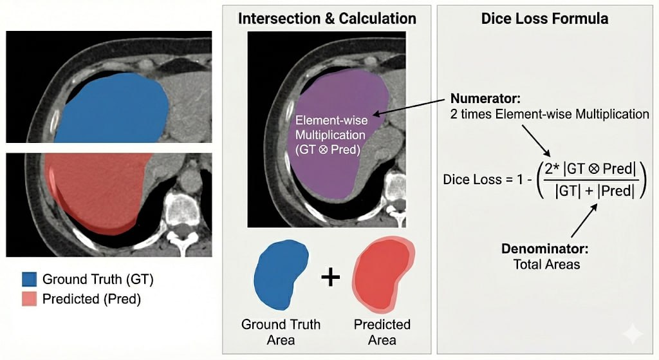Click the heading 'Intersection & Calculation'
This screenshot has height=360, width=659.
[327, 18]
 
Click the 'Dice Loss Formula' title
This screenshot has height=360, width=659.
[544, 18]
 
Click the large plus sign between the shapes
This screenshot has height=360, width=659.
[330, 276]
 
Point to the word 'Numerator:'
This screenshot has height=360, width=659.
[479, 100]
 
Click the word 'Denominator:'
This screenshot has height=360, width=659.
[546, 249]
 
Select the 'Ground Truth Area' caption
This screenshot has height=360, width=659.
[281, 332]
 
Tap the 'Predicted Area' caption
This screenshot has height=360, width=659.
[382, 332]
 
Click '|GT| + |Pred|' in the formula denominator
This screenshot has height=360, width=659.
[586, 191]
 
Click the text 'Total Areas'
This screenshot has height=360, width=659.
[546, 264]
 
